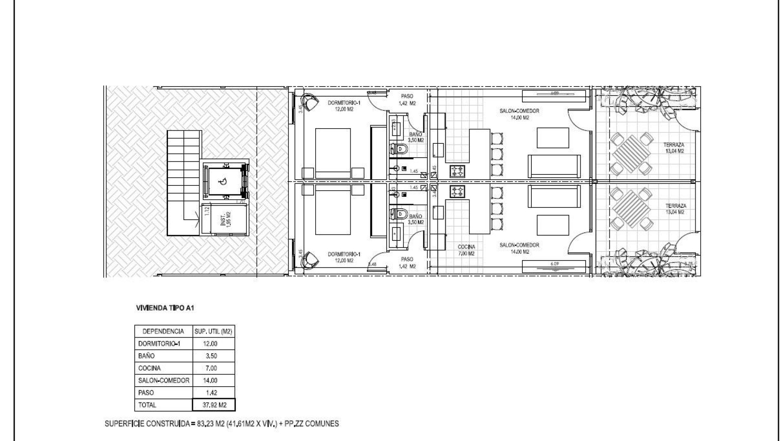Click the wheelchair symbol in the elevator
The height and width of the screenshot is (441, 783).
click(x=223, y=182)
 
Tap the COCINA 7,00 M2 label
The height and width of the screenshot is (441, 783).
click(x=466, y=250)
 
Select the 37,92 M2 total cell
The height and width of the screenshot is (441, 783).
click(x=214, y=405)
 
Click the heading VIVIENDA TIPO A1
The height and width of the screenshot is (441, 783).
click(x=165, y=308)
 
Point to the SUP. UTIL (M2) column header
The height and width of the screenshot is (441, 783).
click(x=213, y=331)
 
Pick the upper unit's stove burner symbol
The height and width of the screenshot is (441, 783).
click(x=457, y=171)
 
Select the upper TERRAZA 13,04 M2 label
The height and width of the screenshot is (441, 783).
click(x=674, y=148)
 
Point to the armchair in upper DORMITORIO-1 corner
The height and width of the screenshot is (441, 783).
click(x=310, y=102)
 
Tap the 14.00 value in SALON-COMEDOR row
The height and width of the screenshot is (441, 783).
click(x=210, y=381)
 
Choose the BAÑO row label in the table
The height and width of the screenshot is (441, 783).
click(x=146, y=356)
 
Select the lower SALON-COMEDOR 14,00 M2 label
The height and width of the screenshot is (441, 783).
click(x=519, y=248)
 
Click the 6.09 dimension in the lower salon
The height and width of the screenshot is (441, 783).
click(x=554, y=264)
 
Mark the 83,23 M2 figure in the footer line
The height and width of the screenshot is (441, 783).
click(x=206, y=424)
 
